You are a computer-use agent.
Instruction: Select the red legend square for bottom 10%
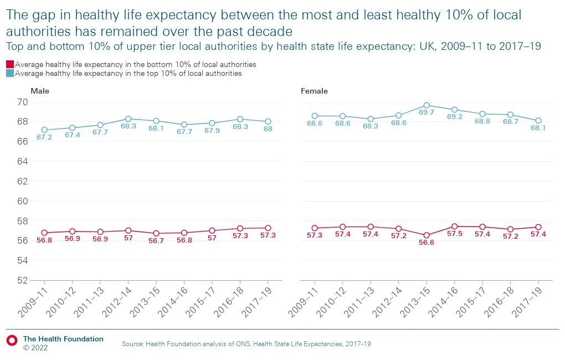coord(10,64)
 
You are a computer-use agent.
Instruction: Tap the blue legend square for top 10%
coord(10,73)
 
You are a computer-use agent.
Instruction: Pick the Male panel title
coord(40,91)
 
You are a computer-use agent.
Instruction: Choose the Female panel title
coord(314,91)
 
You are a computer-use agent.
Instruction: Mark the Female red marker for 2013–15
coord(427,235)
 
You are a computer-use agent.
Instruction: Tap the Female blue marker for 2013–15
coord(427,105)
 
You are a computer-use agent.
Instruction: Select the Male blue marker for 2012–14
coord(128,119)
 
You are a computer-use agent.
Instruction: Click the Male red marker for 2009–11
coord(44,233)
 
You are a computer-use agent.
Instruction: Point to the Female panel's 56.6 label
coord(427,243)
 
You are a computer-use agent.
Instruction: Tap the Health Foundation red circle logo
coord(12,339)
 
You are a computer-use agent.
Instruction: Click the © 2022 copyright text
coord(35,348)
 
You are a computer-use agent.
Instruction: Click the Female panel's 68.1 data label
coord(538,128)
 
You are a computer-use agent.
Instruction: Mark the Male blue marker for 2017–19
coord(268,121)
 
